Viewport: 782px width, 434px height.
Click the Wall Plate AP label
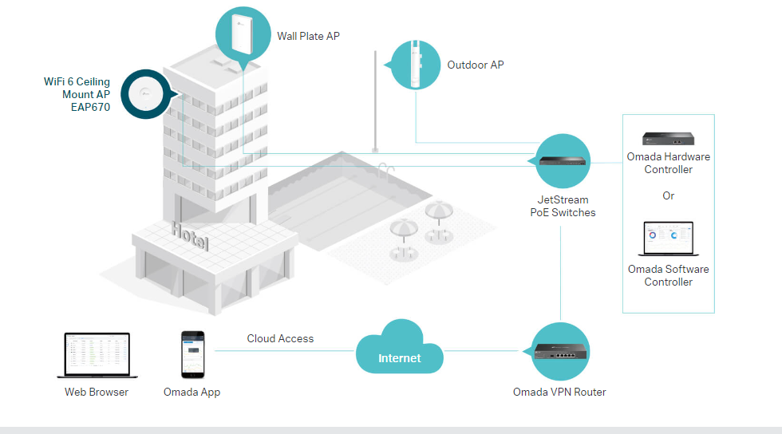[x=308, y=36]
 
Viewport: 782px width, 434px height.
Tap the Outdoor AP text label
[x=475, y=65]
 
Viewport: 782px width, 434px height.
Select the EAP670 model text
[x=90, y=107]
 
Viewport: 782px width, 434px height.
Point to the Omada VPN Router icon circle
[x=561, y=351]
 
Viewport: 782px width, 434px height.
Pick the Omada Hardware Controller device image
[x=668, y=140]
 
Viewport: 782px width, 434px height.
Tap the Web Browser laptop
[x=96, y=355]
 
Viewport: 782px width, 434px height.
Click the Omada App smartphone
[x=192, y=354]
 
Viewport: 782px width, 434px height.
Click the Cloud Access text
[x=280, y=338]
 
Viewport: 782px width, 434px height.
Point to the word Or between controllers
[x=668, y=195]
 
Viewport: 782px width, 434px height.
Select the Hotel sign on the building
[x=190, y=236]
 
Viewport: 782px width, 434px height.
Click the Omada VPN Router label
[x=559, y=392]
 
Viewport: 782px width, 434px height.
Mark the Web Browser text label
[x=97, y=392]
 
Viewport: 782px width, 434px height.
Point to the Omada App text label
[x=192, y=392]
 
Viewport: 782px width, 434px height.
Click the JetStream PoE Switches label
[x=563, y=206]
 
